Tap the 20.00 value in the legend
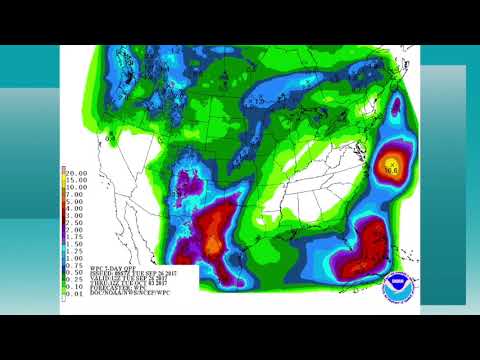pos(76,172)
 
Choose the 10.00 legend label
pos(76,185)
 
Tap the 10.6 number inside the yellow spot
pos(392,171)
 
